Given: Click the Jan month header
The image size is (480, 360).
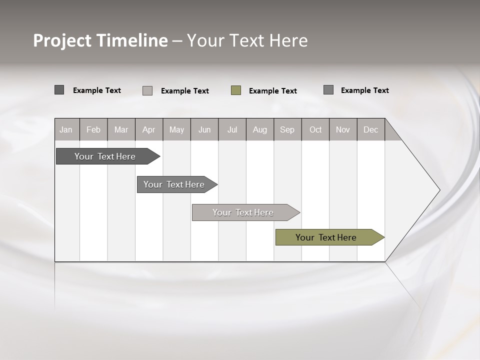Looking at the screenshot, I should pos(66,130).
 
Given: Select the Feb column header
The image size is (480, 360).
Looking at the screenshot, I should pos(93,130).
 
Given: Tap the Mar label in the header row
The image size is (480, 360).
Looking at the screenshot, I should pos(121,130).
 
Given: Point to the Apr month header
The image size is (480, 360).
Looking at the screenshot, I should pos(149,130).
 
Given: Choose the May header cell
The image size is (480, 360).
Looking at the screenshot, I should pos(176,130).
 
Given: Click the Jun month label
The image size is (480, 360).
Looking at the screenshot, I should pos(204,130).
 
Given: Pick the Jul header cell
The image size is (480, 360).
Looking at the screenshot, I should pos(232,130).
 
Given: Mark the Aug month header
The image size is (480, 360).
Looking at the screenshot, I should pos(260,130).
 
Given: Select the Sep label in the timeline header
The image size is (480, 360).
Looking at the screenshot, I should pos(287,130).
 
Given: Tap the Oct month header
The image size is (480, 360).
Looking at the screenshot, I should pos(315,130).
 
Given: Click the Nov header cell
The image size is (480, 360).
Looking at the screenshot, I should pos(343,130).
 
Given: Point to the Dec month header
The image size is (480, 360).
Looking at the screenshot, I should pos(371,130).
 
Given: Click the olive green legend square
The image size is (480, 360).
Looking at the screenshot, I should pos(236,90).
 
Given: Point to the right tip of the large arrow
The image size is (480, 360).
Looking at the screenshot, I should pos(439,190).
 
